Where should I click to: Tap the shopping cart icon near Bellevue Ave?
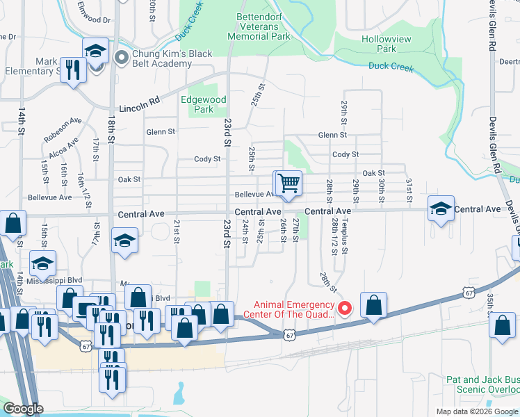[x=288, y=183]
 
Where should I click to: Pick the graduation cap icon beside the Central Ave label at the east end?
[x=441, y=209]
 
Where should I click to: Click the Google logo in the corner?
[x=24, y=409]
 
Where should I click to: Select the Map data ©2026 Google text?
[x=476, y=411]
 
